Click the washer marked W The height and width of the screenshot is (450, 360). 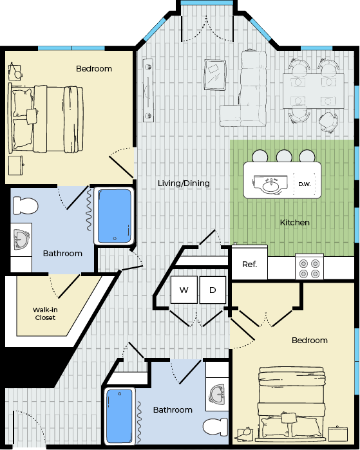[184, 290]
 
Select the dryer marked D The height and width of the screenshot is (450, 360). [213, 290]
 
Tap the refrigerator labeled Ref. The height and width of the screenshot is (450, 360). [249, 263]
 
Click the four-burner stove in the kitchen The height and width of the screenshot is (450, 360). [310, 267]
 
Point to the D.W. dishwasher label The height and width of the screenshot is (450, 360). [305, 184]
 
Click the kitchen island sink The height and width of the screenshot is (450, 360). [270, 185]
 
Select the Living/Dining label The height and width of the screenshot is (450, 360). [184, 183]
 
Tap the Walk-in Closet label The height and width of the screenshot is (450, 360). [45, 314]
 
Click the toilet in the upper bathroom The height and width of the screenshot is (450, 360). [26, 205]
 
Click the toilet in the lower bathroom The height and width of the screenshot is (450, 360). [216, 427]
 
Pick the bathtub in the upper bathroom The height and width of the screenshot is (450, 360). [115, 216]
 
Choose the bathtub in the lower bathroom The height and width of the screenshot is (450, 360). [119, 416]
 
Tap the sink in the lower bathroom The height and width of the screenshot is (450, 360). [217, 395]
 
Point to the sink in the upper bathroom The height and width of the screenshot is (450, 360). [21, 239]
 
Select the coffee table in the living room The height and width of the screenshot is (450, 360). [214, 75]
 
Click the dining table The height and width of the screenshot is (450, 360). [314, 91]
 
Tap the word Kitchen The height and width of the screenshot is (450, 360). [295, 222]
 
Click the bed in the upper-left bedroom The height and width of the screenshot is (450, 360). [46, 118]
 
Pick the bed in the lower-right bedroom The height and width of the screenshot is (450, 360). [291, 404]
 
